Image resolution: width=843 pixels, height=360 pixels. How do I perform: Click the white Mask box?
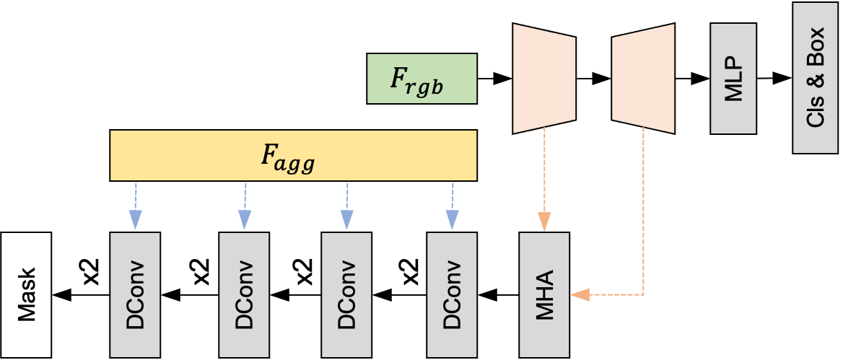[x=26, y=294]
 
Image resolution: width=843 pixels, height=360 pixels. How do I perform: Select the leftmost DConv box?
[x=135, y=294]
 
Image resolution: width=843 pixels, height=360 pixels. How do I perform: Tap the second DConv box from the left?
[x=244, y=294]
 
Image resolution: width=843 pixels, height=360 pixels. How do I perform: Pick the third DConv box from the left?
[x=346, y=294]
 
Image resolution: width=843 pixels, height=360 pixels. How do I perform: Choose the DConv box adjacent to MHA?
[x=452, y=294]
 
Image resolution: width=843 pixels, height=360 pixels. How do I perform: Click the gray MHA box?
[x=545, y=294]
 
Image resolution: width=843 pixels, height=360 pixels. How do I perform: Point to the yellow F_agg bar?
[x=293, y=155]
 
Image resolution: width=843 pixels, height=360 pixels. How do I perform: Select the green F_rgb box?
[x=421, y=79]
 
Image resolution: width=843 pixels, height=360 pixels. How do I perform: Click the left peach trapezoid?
[x=544, y=79]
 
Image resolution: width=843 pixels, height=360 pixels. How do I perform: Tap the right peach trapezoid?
[x=643, y=79]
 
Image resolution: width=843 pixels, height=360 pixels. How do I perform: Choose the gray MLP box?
[x=733, y=79]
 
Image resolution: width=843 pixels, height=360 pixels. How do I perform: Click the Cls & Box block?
[x=815, y=78]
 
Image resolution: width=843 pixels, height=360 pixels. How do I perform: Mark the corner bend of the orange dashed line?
[x=643, y=294]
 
